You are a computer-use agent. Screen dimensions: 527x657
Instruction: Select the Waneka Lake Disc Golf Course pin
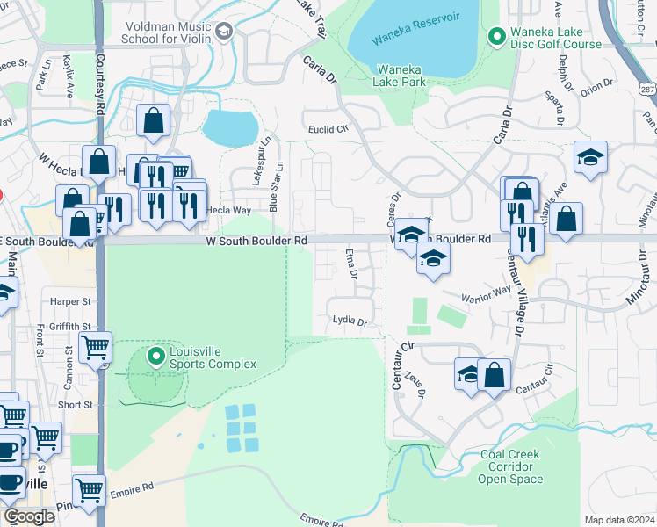(496, 36)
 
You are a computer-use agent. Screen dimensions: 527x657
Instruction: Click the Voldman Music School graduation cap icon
(224, 32)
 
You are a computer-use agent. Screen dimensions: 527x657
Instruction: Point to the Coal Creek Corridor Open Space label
(511, 467)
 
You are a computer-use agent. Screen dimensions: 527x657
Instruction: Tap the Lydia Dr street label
(350, 322)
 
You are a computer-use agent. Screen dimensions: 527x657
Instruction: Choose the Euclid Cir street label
(328, 129)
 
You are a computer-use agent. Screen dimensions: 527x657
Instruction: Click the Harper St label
(71, 301)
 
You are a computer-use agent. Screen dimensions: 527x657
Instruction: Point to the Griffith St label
(70, 326)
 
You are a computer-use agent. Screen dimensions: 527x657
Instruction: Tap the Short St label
(76, 405)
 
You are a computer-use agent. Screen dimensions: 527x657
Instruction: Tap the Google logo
(30, 516)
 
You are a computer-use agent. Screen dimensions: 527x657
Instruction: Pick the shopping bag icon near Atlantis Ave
(568, 220)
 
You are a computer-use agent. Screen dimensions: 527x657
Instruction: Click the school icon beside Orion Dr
(590, 157)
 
